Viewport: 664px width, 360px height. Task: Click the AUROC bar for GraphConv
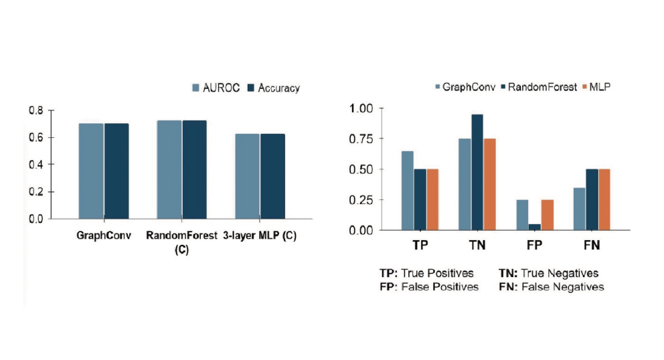91,171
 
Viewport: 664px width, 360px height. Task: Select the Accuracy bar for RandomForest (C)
194,169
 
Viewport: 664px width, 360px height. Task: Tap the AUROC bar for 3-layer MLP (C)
248,176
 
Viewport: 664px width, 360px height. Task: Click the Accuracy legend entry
274,88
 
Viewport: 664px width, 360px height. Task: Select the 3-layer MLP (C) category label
259,236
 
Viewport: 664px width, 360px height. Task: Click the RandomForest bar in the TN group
477,172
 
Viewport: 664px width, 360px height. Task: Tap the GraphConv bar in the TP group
407,191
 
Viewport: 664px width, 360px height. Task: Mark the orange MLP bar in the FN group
605,199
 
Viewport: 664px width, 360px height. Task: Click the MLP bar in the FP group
548,215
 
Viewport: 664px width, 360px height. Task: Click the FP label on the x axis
534,246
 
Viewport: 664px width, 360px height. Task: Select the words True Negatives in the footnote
561,273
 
